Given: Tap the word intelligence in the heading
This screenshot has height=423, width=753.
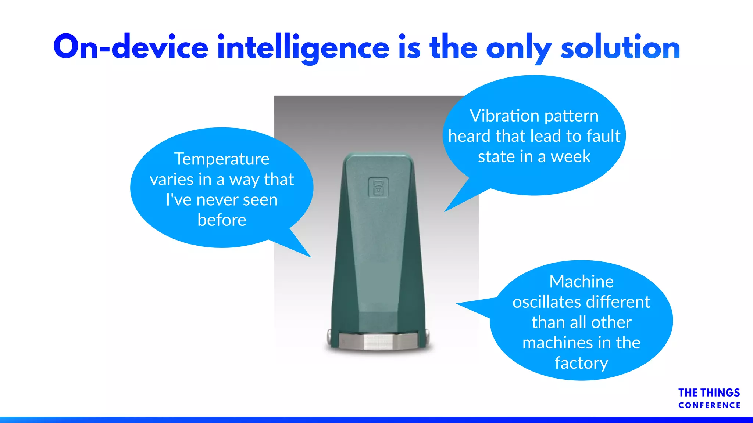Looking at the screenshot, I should point(303,47).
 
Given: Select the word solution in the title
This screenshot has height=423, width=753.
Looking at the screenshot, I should point(620,47).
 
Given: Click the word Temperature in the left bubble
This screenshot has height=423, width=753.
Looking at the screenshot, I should point(222,159).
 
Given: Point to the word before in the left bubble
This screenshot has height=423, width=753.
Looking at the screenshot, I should point(222,220).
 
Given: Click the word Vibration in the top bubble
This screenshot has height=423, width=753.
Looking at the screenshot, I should point(504,116).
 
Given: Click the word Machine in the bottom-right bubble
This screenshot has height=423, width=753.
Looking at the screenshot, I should point(581,282).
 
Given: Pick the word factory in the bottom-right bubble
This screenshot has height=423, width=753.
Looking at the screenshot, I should point(581,363).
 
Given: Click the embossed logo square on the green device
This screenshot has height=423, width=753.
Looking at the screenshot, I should point(378,188).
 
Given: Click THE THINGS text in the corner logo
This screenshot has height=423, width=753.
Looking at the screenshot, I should point(709,393).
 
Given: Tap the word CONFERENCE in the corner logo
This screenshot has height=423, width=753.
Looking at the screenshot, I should point(709,405).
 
